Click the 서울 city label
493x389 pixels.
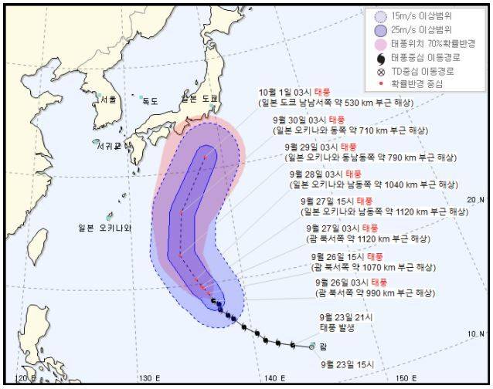107,100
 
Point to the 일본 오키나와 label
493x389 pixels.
105,228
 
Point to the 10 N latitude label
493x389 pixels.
477,333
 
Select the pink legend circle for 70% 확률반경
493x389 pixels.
379,43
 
